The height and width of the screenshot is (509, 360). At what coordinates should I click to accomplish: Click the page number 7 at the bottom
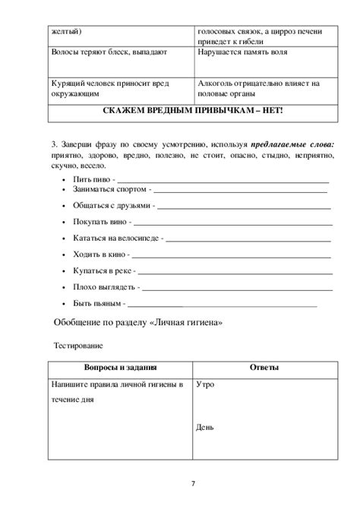(x=193, y=484)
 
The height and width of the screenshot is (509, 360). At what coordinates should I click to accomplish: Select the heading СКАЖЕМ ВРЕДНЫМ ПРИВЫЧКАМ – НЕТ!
(x=192, y=111)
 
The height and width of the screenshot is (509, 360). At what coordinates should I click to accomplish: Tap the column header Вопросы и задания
(x=120, y=368)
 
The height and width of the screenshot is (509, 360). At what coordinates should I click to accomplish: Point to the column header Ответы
(x=264, y=368)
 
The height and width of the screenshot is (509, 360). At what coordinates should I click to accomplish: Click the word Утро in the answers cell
(x=205, y=384)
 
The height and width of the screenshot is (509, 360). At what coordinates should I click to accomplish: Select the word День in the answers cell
(x=205, y=426)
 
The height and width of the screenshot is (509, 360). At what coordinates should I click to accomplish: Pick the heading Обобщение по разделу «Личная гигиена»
(x=136, y=321)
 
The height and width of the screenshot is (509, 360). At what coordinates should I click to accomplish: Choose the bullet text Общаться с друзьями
(x=111, y=205)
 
